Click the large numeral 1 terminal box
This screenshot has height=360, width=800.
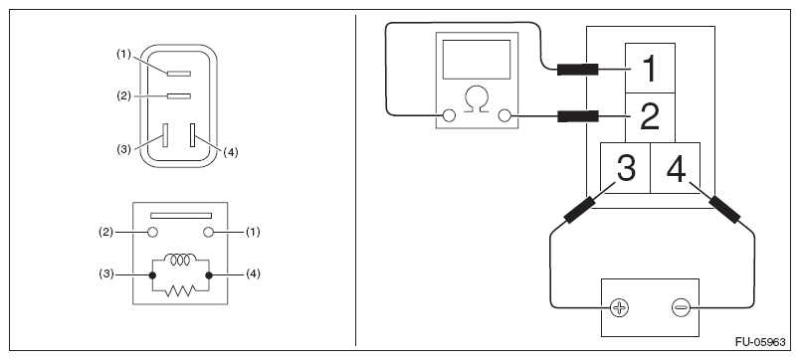click(650, 69)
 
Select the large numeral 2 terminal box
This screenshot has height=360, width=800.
click(650, 117)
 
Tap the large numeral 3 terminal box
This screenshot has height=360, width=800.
click(626, 168)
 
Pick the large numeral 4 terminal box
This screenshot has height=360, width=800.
click(676, 168)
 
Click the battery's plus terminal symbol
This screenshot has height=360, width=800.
click(620, 307)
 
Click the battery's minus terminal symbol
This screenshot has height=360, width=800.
click(682, 307)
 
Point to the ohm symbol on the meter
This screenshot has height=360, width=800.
click(477, 99)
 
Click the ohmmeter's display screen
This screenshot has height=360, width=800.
click(477, 59)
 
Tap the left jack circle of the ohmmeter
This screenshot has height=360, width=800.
click(449, 115)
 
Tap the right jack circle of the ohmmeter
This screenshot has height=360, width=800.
click(504, 115)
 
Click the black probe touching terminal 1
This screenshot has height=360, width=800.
click(577, 70)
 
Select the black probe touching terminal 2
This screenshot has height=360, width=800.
click(577, 116)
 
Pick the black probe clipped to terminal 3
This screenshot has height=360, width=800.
click(579, 210)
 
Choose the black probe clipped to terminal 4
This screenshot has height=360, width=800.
click(724, 209)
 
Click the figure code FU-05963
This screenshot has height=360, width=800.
click(760, 342)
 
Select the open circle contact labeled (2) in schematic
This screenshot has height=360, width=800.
click(152, 233)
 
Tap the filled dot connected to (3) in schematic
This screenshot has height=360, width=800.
click(152, 275)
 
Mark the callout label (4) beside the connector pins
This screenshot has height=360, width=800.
click(231, 152)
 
